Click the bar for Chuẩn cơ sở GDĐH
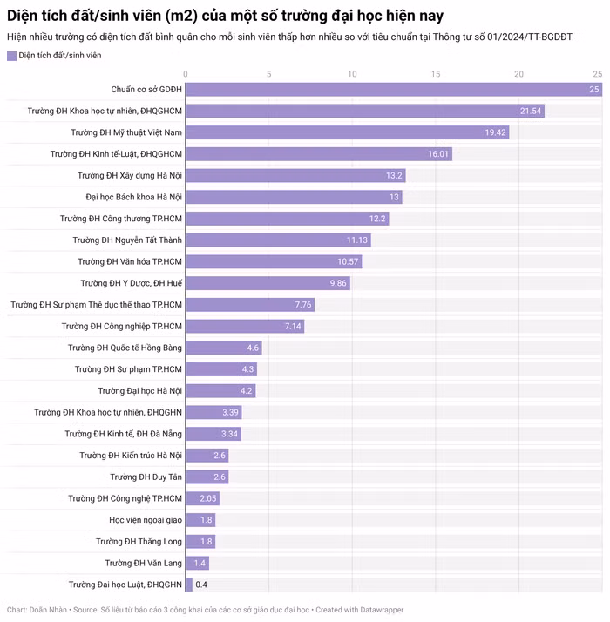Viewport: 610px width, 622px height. [x=392, y=90]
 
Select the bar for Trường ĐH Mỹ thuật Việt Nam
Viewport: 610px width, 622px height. [x=347, y=132]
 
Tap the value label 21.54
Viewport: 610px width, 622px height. [x=531, y=111]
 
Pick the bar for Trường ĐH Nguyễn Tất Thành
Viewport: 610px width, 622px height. [x=280, y=240]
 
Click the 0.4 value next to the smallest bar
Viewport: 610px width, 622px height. [x=201, y=585]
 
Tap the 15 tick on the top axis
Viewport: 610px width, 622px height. [x=436, y=74]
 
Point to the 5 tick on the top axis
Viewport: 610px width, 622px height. [x=268, y=74]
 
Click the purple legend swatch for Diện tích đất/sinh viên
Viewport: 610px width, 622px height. [x=11, y=56]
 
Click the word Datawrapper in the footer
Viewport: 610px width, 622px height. [x=377, y=610]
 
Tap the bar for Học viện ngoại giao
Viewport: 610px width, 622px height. [x=200, y=520]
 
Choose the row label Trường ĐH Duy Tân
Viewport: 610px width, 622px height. [x=146, y=477]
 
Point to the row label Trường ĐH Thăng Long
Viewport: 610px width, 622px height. [x=139, y=541]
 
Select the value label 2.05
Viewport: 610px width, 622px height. [x=207, y=498]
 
